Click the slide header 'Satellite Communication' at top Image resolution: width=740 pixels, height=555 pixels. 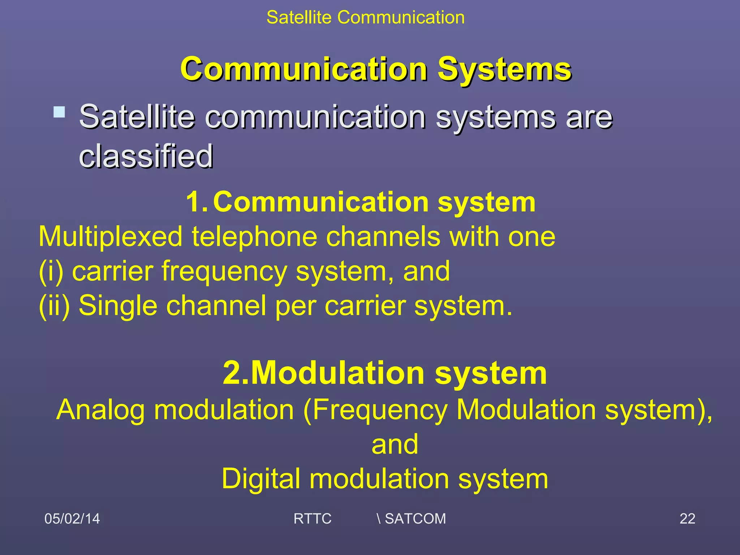pos(365,17)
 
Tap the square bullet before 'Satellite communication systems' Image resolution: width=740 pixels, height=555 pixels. pos(59,112)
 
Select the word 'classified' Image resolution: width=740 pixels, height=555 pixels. pos(146,156)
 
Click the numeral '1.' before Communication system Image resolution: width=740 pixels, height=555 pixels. pos(197,202)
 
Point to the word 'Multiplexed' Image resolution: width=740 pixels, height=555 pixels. pos(111,237)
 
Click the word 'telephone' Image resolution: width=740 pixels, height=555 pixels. pos(254,237)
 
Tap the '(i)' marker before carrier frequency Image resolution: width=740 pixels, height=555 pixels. pos(51,271)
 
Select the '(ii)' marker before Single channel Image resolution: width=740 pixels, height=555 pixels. pos(54,306)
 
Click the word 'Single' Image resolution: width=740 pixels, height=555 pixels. pos(118,306)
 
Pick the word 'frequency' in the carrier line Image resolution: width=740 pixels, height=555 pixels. pos(224,271)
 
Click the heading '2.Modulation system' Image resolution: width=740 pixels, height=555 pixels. pos(385,373)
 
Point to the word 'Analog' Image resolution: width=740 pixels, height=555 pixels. pos(100,410)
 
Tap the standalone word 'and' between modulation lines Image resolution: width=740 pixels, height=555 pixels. pos(395,444)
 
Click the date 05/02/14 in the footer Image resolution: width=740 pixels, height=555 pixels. pos(72,519)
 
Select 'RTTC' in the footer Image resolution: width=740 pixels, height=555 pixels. pos(312,519)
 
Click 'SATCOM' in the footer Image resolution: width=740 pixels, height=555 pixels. pos(415,519)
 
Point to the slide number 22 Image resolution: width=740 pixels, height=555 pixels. pos(687,519)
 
